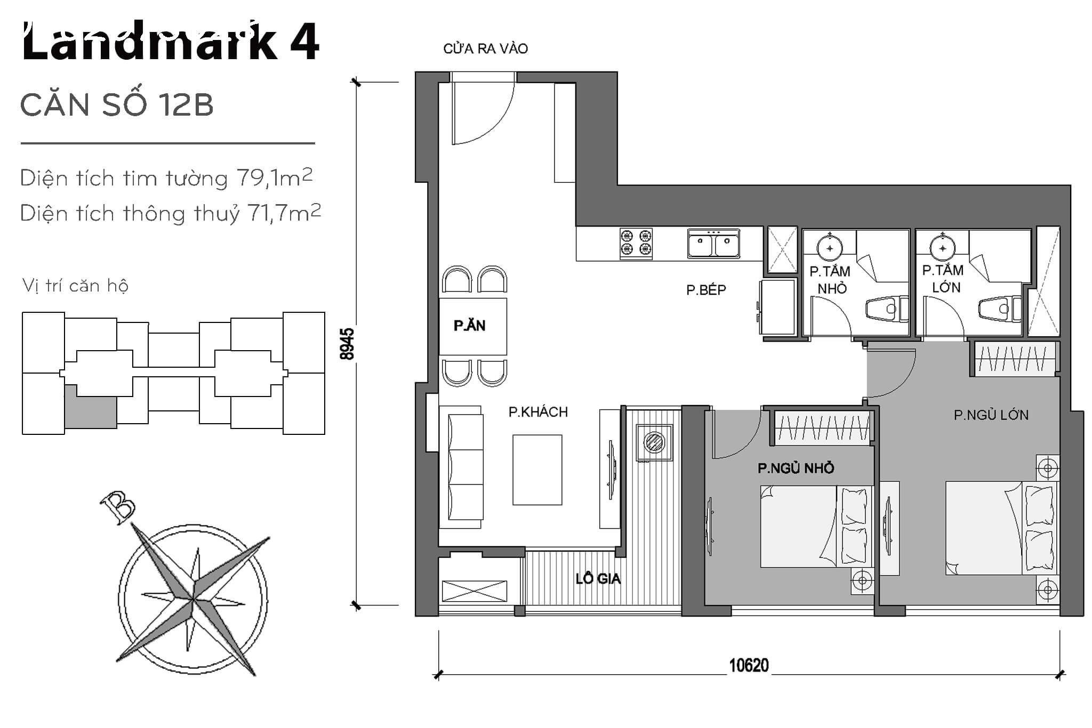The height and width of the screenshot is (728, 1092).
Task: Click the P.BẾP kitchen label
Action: click(706, 290)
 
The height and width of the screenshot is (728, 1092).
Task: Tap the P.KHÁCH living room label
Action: click(538, 412)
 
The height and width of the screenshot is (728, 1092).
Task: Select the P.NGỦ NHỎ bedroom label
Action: click(796, 468)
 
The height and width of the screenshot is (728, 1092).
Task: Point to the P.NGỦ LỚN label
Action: click(991, 415)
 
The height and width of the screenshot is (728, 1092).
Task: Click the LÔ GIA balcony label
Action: click(598, 579)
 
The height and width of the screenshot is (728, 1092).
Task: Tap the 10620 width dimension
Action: click(749, 666)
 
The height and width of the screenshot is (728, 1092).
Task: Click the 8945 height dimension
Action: click(347, 344)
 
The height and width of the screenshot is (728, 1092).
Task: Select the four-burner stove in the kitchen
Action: click(636, 244)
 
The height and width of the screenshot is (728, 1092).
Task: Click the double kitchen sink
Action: click(713, 244)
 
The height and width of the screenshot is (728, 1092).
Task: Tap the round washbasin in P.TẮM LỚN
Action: click(943, 248)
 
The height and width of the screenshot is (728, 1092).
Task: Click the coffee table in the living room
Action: click(537, 470)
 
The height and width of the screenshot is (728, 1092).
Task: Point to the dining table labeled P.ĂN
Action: click(473, 326)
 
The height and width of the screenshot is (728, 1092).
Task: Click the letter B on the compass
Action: click(118, 506)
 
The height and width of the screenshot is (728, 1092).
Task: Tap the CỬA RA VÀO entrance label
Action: click(485, 48)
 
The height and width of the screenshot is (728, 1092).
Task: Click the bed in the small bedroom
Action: click(816, 526)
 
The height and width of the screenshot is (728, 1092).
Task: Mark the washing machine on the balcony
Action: click(654, 442)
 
